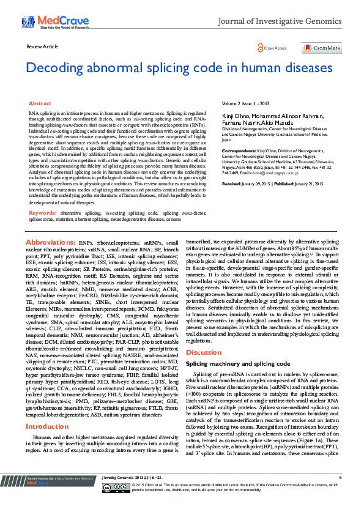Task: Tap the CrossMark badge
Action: click(322, 48)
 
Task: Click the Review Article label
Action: click(42, 46)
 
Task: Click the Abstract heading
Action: click(40, 104)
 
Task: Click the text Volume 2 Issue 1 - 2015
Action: click(244, 105)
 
